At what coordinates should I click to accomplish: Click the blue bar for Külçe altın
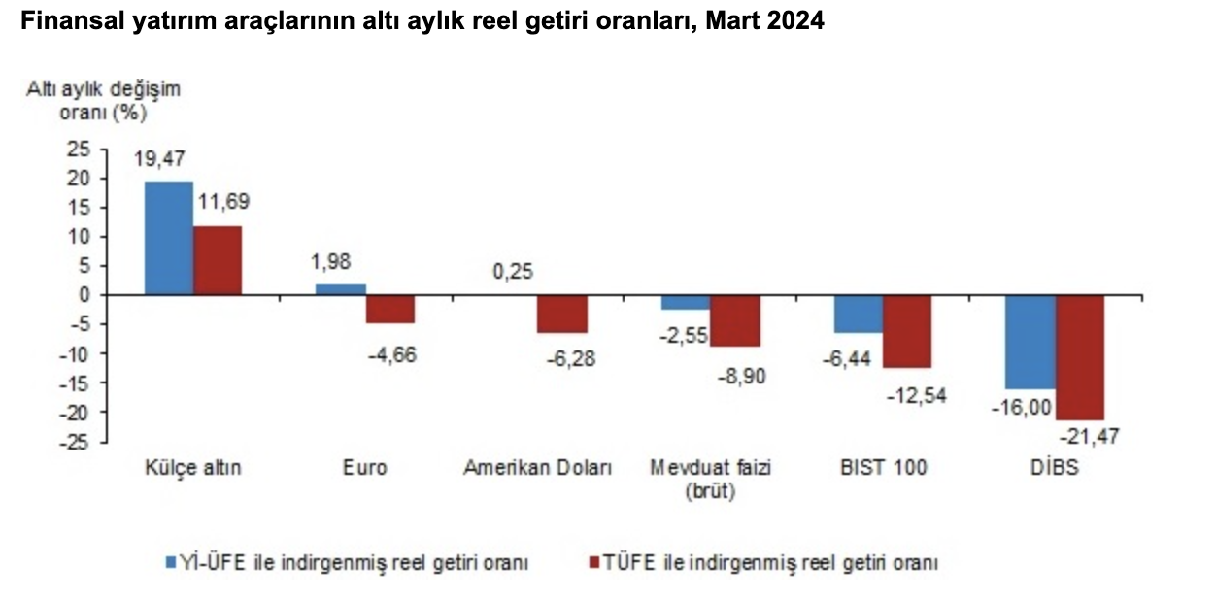[x=168, y=238]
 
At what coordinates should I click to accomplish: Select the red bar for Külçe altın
[x=218, y=260]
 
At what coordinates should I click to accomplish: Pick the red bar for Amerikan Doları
[x=562, y=314]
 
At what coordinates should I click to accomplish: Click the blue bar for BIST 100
[x=859, y=314]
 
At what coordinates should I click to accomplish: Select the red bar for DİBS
[x=1080, y=357]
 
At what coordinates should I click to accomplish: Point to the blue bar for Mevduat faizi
[x=686, y=302]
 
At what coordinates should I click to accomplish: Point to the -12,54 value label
[x=917, y=395]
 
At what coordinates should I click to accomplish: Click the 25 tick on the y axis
[x=78, y=150]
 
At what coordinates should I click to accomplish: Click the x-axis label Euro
[x=365, y=468]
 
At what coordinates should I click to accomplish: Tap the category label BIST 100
[x=883, y=468]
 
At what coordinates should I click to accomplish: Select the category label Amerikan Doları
[x=538, y=468]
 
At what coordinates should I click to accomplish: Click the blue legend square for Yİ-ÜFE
[x=169, y=562]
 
